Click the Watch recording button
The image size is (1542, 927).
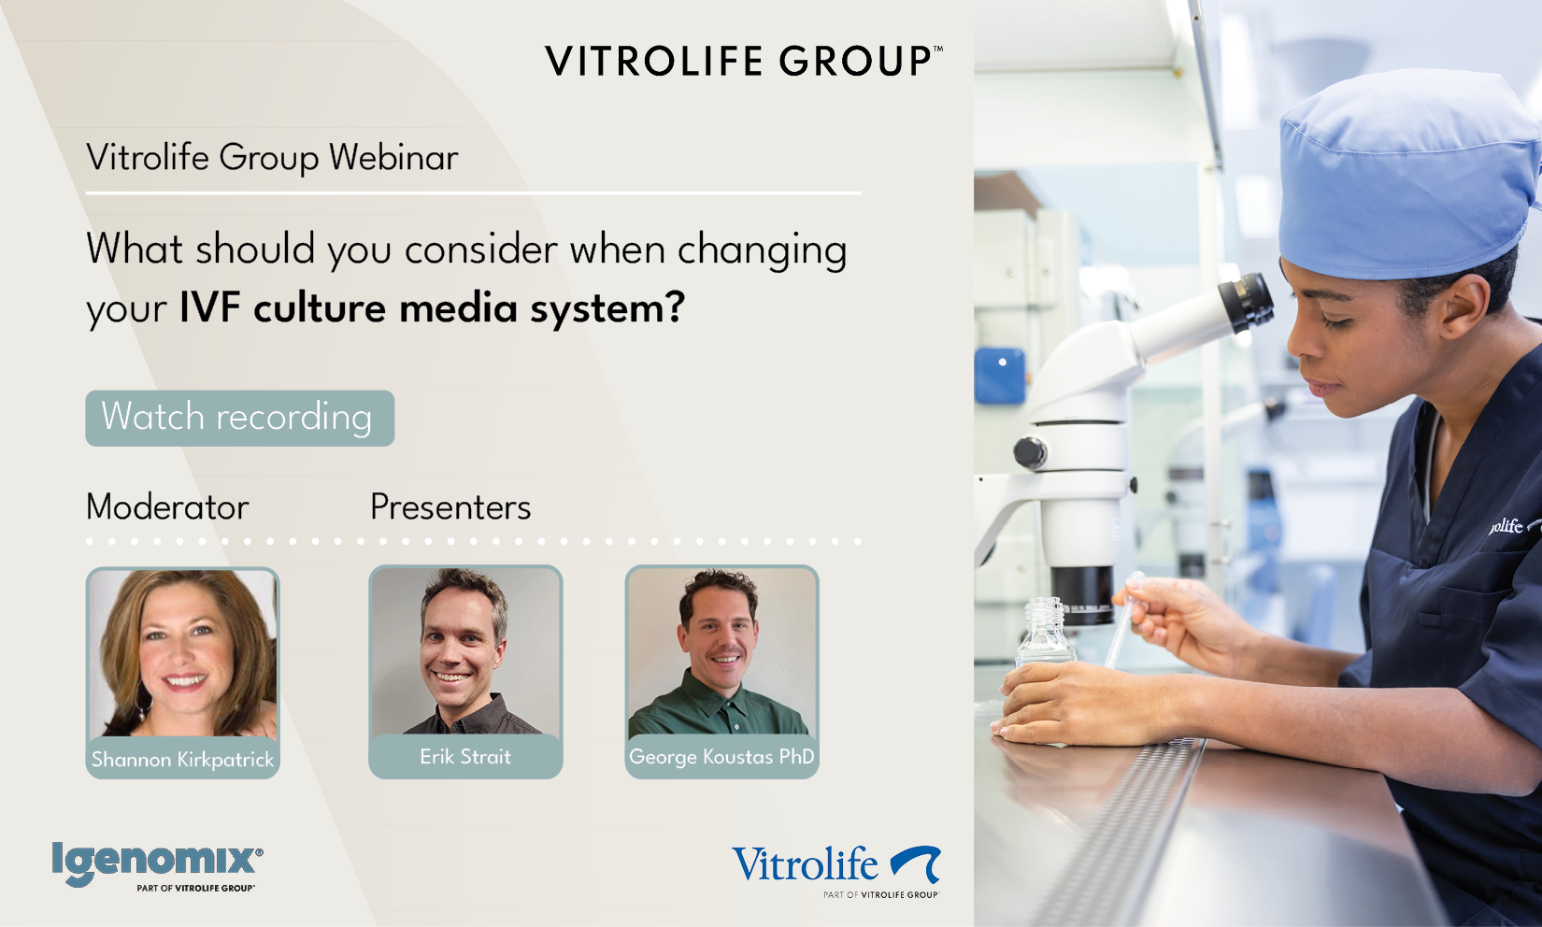tap(239, 418)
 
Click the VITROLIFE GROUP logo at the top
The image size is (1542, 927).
tap(744, 61)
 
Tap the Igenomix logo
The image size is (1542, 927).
tap(157, 865)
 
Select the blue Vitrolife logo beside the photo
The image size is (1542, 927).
tap(835, 871)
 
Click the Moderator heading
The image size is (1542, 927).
tap(167, 507)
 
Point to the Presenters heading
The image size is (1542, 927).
tap(450, 507)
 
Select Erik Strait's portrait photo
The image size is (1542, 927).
tap(466, 650)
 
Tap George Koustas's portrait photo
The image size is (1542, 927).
tap(722, 650)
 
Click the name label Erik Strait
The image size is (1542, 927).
tap(465, 756)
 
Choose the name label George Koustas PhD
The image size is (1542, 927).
tap(721, 756)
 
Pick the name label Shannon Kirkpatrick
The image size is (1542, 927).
tap(182, 759)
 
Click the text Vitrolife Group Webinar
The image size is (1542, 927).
tap(272, 158)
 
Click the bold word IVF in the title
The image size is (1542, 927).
tap(210, 307)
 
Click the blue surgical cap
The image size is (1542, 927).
tap(1405, 176)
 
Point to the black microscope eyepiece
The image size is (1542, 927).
tap(1246, 303)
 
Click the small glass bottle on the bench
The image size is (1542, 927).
tap(1044, 635)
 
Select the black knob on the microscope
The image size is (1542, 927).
tap(1030, 453)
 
